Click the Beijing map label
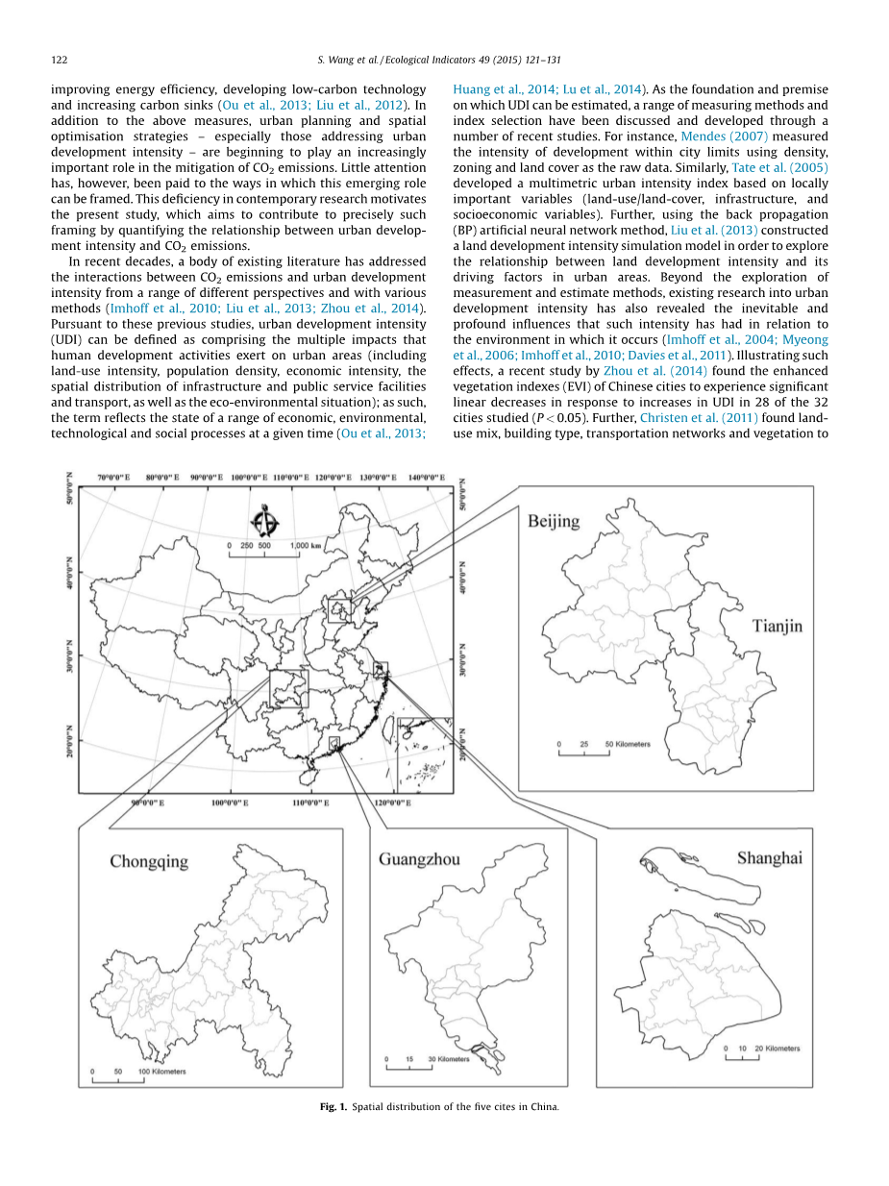tap(553, 521)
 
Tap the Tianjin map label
tap(776, 626)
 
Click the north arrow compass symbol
tap(264, 522)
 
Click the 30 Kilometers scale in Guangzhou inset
tap(450, 1059)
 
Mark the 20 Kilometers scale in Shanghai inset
tap(778, 1049)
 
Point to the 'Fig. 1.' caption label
tap(333, 1106)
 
